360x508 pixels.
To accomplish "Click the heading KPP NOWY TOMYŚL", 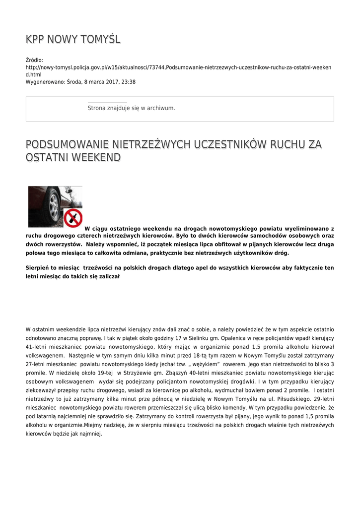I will coord(73,40).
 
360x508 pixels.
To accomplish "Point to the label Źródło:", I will coord(35,60).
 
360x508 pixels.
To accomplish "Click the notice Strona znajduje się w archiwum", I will coord(131,108).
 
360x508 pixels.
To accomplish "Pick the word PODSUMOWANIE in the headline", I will coord(67,144).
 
